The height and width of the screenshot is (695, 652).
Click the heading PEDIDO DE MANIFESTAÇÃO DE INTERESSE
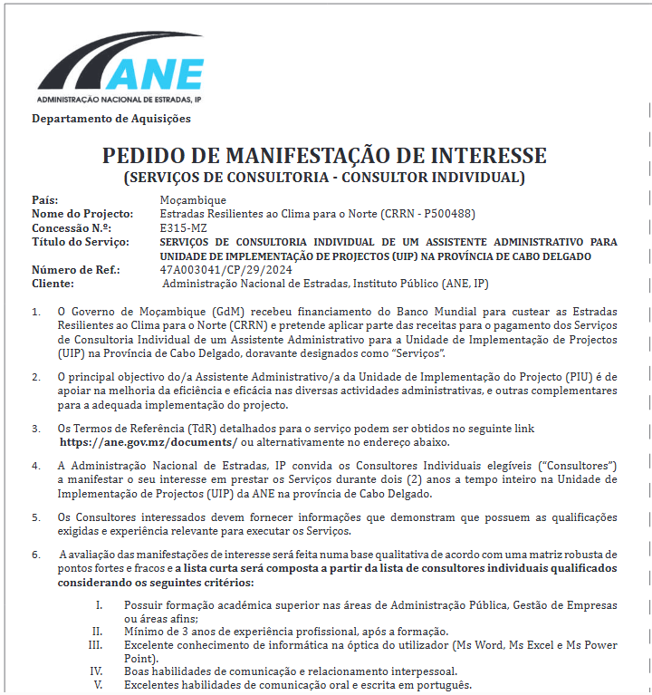(324, 155)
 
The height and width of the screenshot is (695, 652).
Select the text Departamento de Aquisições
(111, 119)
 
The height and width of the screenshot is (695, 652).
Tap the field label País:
(45, 200)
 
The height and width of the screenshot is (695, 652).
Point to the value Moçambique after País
(193, 200)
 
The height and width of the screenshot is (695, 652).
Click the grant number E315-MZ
(183, 227)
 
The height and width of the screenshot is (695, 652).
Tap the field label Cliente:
(53, 284)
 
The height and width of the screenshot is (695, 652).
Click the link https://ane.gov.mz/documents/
(149, 442)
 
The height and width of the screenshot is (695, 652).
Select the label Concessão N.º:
(72, 227)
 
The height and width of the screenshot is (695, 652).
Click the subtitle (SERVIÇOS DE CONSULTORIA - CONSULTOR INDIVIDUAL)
(324, 178)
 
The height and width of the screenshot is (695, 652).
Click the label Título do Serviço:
(81, 242)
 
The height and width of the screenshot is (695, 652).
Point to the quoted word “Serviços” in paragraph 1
(418, 351)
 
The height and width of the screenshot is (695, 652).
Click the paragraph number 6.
(35, 554)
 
